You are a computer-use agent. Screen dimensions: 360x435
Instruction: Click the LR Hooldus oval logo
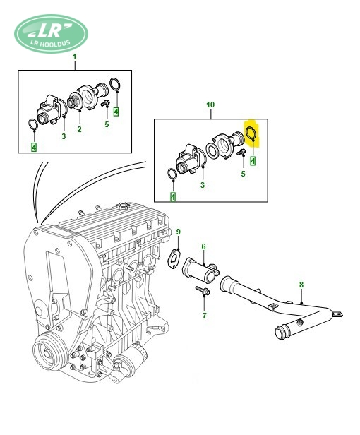tap(52, 34)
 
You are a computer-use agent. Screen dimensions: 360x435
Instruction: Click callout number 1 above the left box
tap(74, 57)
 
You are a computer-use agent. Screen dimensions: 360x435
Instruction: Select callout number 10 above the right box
tap(210, 105)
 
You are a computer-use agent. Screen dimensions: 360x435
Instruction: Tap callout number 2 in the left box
tap(79, 129)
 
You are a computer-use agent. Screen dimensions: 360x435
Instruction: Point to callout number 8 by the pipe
tap(301, 285)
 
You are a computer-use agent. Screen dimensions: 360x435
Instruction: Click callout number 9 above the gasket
tap(179, 232)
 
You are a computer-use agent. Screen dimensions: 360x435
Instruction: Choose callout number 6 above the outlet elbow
tap(203, 246)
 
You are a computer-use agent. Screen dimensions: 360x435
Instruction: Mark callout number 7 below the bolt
tap(205, 316)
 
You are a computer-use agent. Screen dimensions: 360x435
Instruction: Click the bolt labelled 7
tap(203, 290)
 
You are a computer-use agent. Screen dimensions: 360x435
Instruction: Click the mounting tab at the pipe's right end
tap(338, 314)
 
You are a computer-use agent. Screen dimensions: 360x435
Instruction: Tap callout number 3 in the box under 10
tap(203, 185)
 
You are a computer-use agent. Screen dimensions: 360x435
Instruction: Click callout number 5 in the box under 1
tap(107, 124)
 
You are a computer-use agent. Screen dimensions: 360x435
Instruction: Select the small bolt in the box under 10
tap(241, 152)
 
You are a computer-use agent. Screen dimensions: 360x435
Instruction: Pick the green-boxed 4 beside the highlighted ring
tap(253, 160)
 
